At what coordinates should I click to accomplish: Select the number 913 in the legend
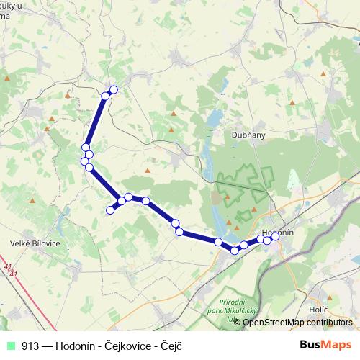31,345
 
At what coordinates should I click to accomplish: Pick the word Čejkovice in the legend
127,345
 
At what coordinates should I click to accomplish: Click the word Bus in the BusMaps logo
310,344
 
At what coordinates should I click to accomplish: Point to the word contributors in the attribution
329,323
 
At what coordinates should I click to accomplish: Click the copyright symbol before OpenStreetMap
238,323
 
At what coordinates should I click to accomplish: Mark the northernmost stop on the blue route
113,89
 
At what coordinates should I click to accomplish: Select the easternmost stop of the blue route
275,236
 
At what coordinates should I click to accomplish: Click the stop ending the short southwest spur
111,210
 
